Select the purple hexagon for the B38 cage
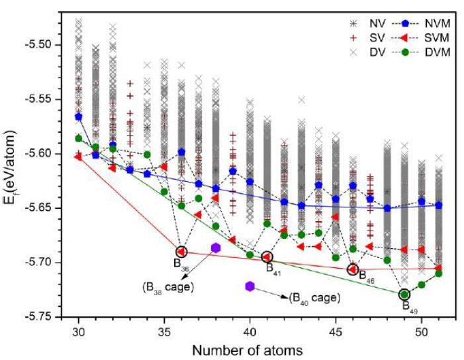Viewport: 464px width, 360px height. click(x=216, y=247)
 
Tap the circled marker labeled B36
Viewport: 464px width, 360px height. click(x=181, y=251)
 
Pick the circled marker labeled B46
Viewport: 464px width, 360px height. click(x=353, y=269)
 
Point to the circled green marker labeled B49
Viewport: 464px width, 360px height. click(x=404, y=294)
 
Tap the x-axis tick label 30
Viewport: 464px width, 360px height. click(x=79, y=330)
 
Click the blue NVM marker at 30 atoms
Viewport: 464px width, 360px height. click(x=79, y=116)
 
